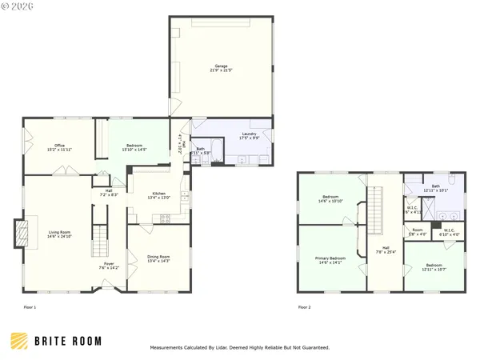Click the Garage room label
[x=221, y=68]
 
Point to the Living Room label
[x=59, y=234]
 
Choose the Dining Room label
[x=158, y=258]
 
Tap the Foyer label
[x=109, y=266]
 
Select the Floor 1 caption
[x=30, y=307]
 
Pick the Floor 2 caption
[x=304, y=307]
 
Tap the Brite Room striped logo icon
[x=17, y=341]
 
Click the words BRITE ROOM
[x=67, y=341]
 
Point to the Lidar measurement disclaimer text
[x=239, y=348]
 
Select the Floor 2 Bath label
[x=435, y=188]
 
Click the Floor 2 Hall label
[x=385, y=249]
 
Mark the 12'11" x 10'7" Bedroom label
[x=434, y=266]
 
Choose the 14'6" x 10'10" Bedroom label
[x=331, y=198]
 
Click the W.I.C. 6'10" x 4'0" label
[x=446, y=232]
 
